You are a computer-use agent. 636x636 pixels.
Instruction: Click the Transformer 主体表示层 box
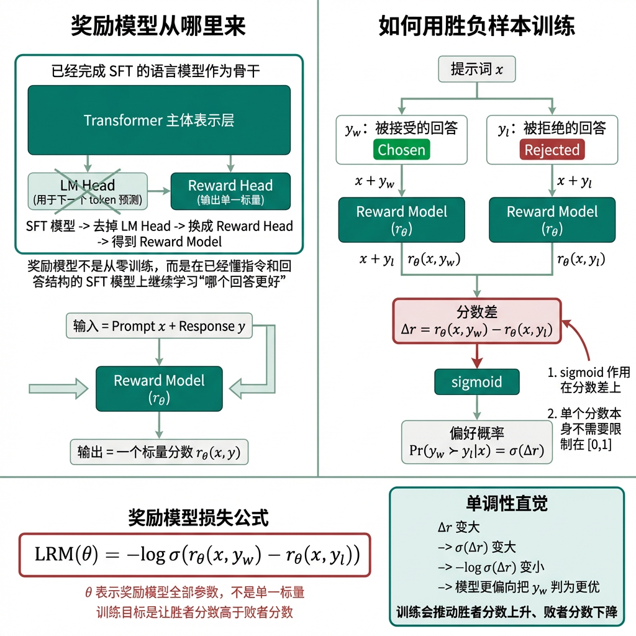point(159,120)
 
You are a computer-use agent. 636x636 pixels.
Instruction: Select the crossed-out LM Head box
point(88,191)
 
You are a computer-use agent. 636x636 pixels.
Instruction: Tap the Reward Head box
point(230,191)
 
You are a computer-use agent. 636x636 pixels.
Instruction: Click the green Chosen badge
point(401,150)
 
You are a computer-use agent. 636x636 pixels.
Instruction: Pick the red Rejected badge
point(552,150)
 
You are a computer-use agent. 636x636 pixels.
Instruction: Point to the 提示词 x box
point(476,69)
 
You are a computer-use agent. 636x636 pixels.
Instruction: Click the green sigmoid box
point(476,381)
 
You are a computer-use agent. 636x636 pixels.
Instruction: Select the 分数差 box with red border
point(476,320)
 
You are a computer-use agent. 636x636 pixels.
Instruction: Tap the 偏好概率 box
point(476,442)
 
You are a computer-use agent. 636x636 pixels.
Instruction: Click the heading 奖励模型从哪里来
point(159,26)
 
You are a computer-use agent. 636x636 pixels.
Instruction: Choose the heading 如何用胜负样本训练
point(476,26)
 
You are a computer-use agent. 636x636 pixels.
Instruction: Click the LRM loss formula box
point(195,555)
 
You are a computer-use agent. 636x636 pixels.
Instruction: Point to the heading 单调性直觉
point(506,503)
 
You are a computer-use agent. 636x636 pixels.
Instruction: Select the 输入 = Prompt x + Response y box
point(159,326)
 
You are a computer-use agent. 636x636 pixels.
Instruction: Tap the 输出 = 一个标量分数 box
point(159,452)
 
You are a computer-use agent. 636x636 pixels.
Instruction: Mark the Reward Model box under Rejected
point(552,220)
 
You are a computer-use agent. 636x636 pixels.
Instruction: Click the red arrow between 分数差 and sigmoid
point(476,357)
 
